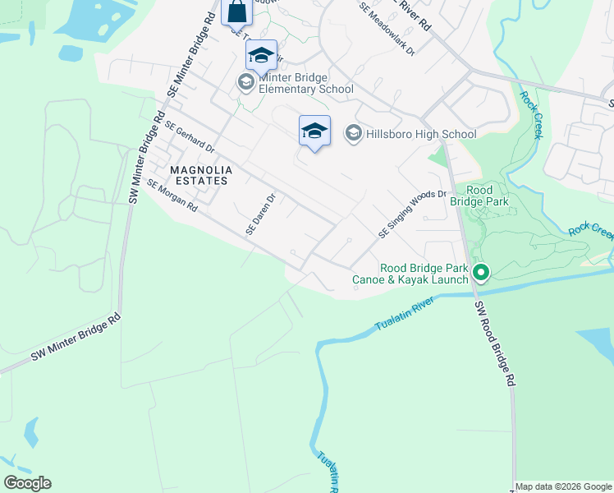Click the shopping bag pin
[236, 13]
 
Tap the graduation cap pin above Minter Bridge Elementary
[261, 56]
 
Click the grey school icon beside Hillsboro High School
[353, 133]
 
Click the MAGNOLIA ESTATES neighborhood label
[201, 176]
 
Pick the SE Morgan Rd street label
[172, 196]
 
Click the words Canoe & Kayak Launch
[410, 280]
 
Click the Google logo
[27, 483]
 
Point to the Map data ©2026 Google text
[563, 486]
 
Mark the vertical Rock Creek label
[529, 114]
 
